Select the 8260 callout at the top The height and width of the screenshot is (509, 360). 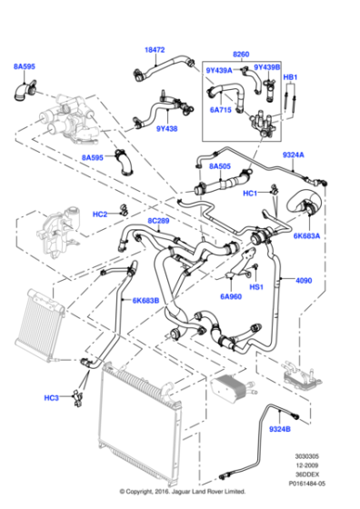pos(240,54)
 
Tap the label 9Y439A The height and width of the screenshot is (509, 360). pos(219,68)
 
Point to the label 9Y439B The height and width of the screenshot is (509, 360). pos(266,67)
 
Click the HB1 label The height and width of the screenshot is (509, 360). pos(291,77)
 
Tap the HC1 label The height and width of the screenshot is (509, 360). pos(249,193)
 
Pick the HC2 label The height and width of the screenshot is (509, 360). pos(100,214)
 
